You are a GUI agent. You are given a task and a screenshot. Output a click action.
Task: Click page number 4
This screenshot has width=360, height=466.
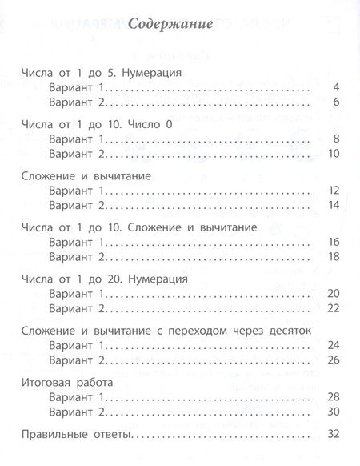pos(338,87)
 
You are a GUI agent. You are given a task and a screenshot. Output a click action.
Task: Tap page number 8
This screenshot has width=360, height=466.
pos(338,139)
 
